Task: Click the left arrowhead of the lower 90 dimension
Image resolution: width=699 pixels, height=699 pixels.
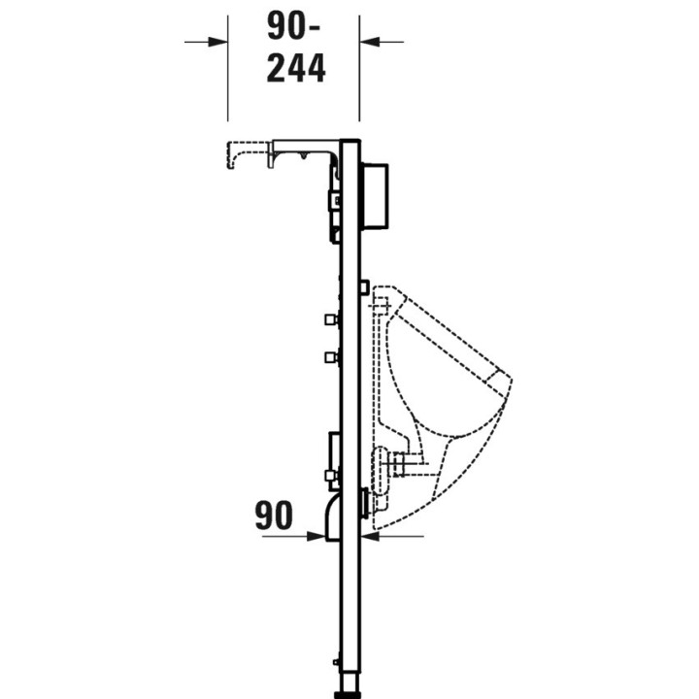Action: tap(317, 533)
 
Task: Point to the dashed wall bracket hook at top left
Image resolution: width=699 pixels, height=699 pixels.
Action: tap(238, 152)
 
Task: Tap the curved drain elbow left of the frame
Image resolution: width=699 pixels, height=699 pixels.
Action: tap(329, 514)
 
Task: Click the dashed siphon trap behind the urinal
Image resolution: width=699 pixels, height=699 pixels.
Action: tap(393, 464)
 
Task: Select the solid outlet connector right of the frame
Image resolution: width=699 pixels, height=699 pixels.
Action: tap(365, 502)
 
